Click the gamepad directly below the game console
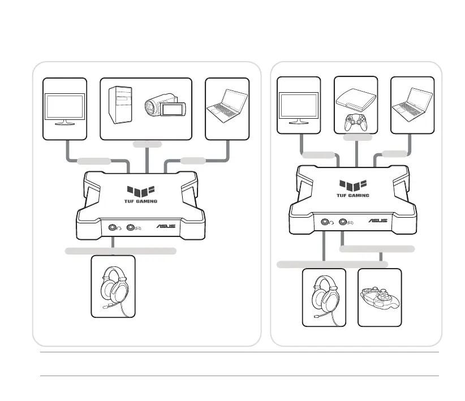point(356,122)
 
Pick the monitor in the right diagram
point(299,107)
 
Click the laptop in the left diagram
point(227,107)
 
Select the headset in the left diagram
point(113,286)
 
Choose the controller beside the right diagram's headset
point(380,297)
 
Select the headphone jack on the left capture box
point(113,228)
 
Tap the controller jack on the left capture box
point(134,228)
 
